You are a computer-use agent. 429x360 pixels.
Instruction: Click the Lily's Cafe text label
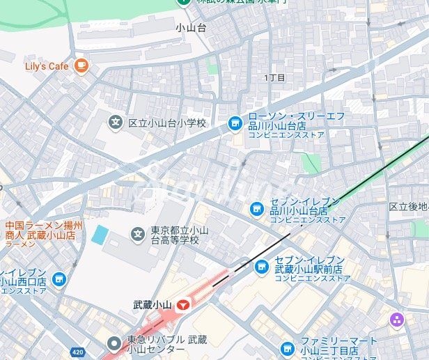click(x=47, y=66)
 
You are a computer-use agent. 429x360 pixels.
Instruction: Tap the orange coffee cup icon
click(x=81, y=65)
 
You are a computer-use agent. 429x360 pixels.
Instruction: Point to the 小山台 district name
click(x=191, y=29)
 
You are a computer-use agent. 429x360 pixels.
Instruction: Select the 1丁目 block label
click(x=275, y=77)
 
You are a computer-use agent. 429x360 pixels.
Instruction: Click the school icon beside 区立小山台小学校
click(x=116, y=123)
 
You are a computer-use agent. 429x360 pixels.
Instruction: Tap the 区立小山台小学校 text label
click(x=167, y=123)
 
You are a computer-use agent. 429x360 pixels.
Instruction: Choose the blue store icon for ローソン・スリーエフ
click(x=236, y=124)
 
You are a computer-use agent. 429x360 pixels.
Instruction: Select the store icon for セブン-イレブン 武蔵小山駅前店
click(x=261, y=266)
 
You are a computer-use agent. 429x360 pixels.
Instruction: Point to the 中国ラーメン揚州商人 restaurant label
click(x=43, y=230)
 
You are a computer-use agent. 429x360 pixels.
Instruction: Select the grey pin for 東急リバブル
click(x=114, y=343)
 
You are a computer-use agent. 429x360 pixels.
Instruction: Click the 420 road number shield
click(x=78, y=352)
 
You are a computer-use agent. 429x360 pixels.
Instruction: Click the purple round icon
click(x=397, y=320)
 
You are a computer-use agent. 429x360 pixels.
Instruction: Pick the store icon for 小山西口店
click(x=58, y=279)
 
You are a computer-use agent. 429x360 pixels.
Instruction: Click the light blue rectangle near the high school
click(x=100, y=235)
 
